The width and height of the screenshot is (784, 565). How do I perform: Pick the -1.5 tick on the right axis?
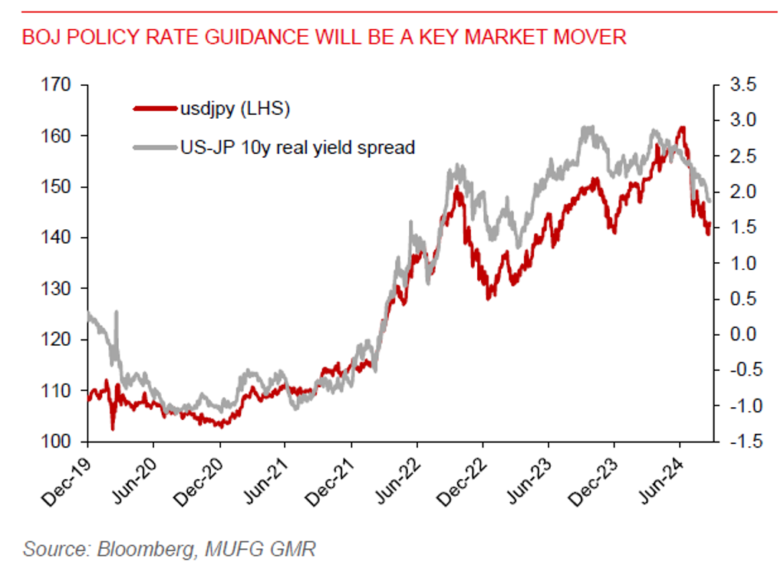tap(734, 442)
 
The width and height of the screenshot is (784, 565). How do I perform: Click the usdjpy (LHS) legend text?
tap(235, 110)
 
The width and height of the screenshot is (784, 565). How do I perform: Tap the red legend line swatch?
tap(153, 110)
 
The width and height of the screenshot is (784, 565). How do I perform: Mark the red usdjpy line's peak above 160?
tap(682, 128)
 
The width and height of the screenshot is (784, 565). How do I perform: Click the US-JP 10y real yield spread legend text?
tap(297, 147)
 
